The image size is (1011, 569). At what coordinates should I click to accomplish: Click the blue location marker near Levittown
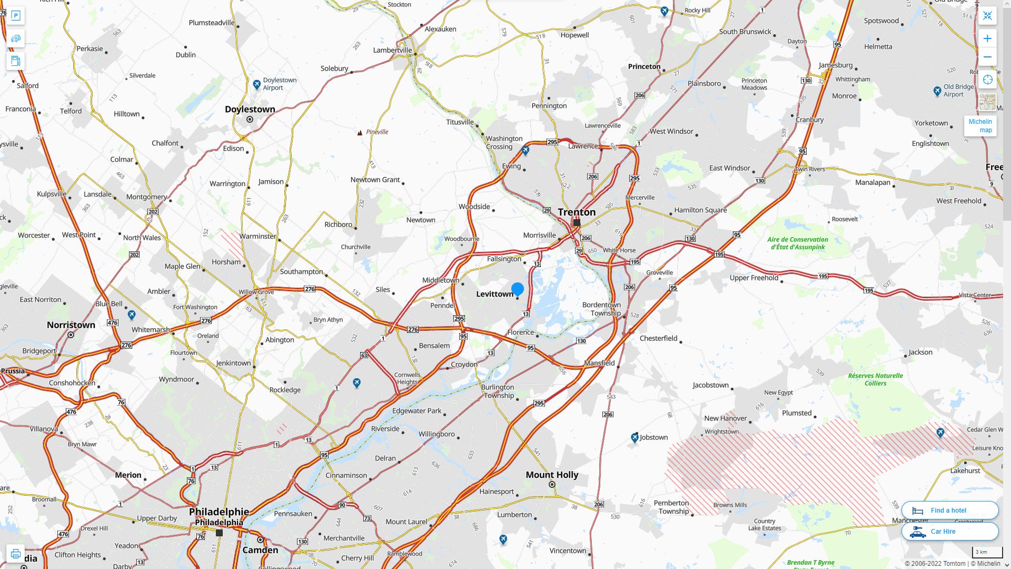tap(518, 289)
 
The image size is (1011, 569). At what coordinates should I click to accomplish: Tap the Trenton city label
tap(577, 212)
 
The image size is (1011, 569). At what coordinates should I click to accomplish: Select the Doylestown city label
tap(250, 110)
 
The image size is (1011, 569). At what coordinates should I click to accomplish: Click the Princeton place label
tap(644, 66)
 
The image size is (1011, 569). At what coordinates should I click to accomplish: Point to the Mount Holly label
tap(552, 475)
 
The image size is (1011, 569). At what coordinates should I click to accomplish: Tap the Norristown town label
tap(71, 325)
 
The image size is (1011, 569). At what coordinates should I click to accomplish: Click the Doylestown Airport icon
tap(256, 84)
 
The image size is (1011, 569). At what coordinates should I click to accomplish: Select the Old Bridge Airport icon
tap(937, 91)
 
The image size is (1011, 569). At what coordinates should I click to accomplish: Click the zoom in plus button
tap(987, 38)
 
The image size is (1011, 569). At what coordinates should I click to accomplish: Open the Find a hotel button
tap(949, 510)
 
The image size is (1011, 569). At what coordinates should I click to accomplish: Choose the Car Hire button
tap(949, 531)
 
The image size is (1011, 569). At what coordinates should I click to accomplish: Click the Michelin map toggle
tap(980, 125)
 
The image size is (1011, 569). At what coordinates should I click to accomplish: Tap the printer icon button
tap(15, 554)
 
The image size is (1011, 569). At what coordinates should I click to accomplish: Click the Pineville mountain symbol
tap(360, 133)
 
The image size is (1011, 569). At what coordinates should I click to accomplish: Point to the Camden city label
tap(260, 550)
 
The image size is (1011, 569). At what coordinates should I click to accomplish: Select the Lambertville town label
tap(392, 51)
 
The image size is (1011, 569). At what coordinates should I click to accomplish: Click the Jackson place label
tap(920, 352)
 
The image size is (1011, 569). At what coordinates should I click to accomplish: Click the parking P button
tap(15, 16)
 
